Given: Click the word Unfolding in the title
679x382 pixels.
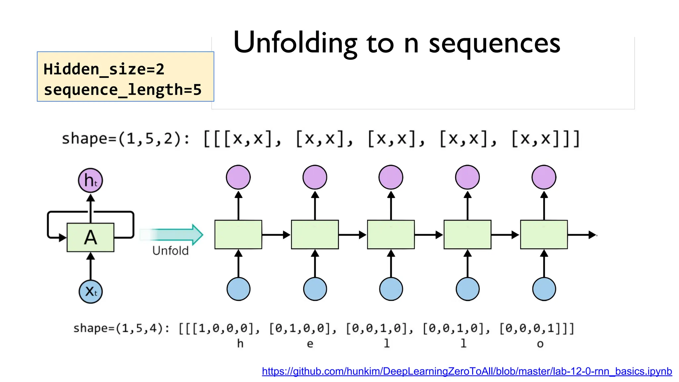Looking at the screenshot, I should click(x=295, y=43).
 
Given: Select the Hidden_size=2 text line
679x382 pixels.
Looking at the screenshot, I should click(x=104, y=69).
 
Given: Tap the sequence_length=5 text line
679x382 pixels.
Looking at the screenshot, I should click(x=123, y=90).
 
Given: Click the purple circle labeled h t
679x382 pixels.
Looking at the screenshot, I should click(x=91, y=180).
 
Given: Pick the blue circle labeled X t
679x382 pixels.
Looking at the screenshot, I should click(x=91, y=291).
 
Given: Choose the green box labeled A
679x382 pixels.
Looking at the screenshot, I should click(x=91, y=237).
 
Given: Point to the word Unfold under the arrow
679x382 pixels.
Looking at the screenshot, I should click(x=170, y=251).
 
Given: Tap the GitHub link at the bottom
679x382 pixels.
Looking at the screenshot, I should click(x=467, y=371).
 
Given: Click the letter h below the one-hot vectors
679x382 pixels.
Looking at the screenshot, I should click(x=240, y=344).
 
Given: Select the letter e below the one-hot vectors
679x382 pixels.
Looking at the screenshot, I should click(x=310, y=344).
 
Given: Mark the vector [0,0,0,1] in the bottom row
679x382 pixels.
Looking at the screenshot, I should click(x=534, y=328).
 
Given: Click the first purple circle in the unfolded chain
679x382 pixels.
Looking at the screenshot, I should click(x=238, y=177).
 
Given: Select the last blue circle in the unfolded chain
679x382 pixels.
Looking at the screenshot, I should click(x=544, y=289).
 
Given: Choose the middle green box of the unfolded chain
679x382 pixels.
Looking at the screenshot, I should click(x=391, y=234).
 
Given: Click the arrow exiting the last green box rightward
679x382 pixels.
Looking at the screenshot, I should click(x=582, y=235).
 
